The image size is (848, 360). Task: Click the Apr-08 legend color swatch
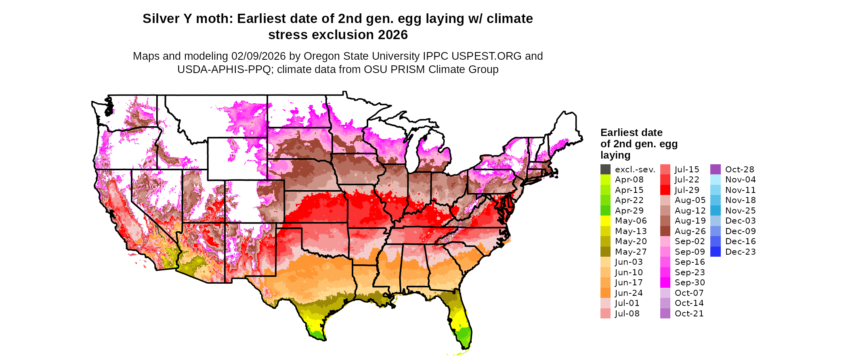coord(605,180)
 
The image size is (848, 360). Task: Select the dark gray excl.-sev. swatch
coord(605,170)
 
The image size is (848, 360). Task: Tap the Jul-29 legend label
coord(687,190)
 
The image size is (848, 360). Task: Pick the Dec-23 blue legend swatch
coord(715,252)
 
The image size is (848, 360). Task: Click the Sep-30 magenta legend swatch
coord(665,283)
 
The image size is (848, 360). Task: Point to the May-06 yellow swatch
coord(605,221)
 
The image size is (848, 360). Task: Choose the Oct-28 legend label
coord(739,170)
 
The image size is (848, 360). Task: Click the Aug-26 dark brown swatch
coord(665,231)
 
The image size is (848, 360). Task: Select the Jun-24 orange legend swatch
coord(605,293)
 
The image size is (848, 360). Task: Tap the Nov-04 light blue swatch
coord(715,180)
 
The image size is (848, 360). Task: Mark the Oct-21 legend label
coord(689,314)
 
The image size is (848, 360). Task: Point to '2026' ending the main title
coord(393,35)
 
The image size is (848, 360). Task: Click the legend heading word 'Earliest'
coord(619,133)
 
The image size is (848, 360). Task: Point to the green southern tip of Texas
coord(317,334)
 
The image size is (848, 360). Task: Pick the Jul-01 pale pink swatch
coord(605,303)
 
